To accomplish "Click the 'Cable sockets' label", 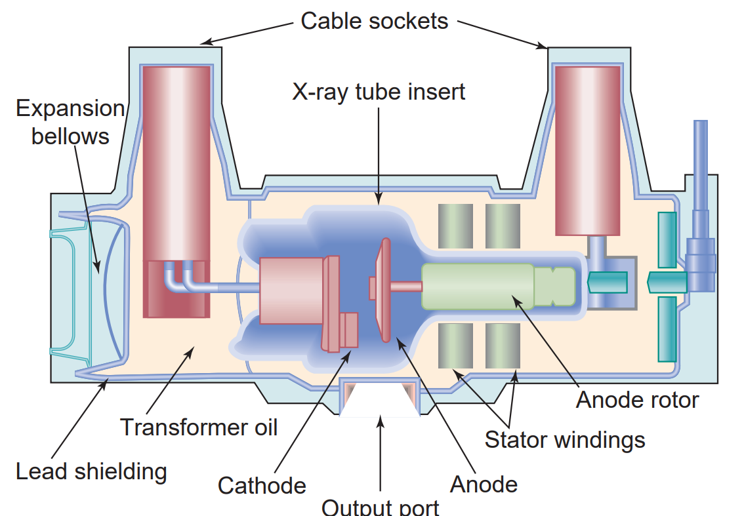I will point(374,21).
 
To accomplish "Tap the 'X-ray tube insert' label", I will point(379,91).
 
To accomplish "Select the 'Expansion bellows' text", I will point(70,122).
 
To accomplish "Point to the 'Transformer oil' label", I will point(199,427).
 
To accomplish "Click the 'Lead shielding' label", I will point(91,471).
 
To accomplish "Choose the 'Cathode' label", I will point(262,486).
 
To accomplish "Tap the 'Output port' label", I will point(381,507).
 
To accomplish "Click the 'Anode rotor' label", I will point(637,399).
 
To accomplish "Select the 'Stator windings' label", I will point(565,439).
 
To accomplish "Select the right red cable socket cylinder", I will point(587,151).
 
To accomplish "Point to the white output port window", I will point(380,403).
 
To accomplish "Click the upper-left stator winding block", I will point(455,226).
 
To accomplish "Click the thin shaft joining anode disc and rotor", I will point(407,287).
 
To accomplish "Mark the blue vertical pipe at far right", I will point(701,164).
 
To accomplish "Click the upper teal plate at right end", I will point(667,239).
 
